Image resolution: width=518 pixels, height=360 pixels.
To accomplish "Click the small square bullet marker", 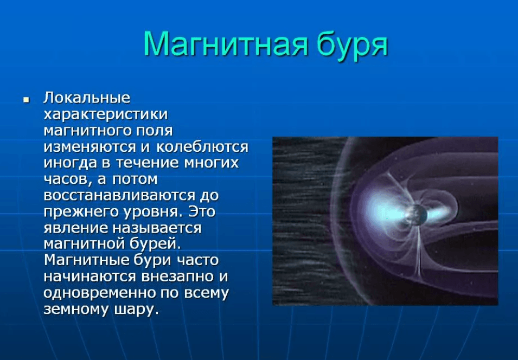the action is pyautogui.click(x=26, y=99).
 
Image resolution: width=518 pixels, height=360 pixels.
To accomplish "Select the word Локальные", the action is pyautogui.click(x=87, y=98).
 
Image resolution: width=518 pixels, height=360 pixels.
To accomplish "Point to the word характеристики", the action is pyautogui.click(x=106, y=114).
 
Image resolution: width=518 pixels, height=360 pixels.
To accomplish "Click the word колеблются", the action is pyautogui.click(x=202, y=147).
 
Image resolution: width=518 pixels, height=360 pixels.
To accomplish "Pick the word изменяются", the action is pyautogui.click(x=90, y=147).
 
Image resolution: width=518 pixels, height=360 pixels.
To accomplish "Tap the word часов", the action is pyautogui.click(x=67, y=179).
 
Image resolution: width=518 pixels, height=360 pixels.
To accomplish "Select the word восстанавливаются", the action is pyautogui.click(x=119, y=196).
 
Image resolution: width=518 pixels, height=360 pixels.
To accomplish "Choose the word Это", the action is pyautogui.click(x=202, y=211).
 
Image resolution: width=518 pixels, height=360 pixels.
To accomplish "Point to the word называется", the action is pyautogui.click(x=157, y=228).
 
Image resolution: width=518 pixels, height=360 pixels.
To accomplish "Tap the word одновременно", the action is pyautogui.click(x=100, y=293).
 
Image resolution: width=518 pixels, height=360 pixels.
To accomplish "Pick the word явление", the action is pyautogui.click(x=76, y=228).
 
